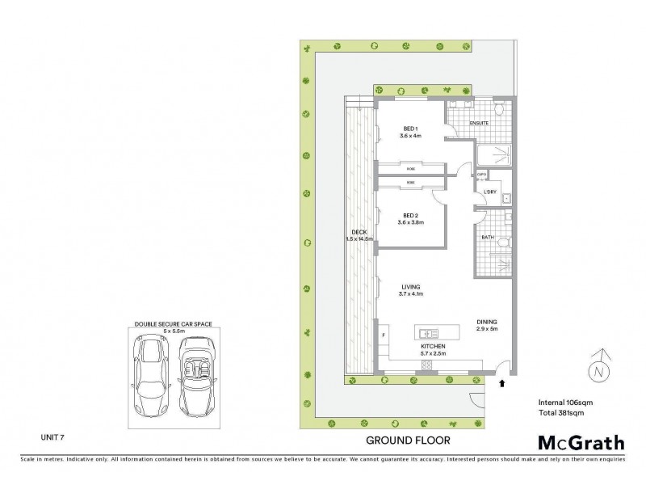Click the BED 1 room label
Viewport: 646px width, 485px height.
pyautogui.click(x=409, y=129)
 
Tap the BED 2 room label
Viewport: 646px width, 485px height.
pyautogui.click(x=409, y=216)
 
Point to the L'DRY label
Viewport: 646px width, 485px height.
pyautogui.click(x=489, y=191)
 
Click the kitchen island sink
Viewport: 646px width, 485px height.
pyautogui.click(x=429, y=333)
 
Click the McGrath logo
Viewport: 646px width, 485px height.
pyautogui.click(x=581, y=442)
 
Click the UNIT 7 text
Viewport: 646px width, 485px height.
pyautogui.click(x=53, y=436)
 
